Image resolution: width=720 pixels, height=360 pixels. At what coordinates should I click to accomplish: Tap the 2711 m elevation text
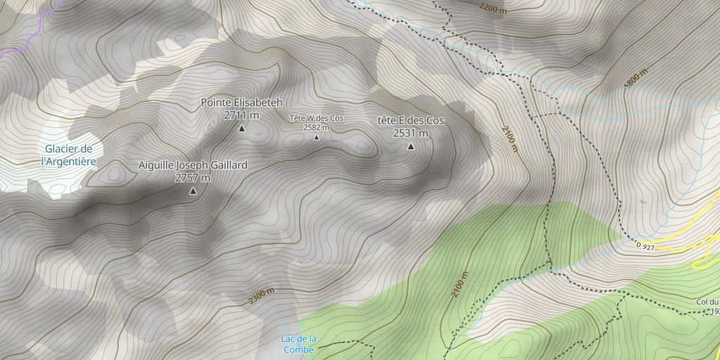[241, 115]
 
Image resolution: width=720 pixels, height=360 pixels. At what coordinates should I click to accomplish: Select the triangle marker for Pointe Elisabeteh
[242, 128]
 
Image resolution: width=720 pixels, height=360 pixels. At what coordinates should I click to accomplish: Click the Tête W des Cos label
[316, 118]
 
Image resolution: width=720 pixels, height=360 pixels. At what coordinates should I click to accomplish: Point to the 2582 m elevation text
[316, 127]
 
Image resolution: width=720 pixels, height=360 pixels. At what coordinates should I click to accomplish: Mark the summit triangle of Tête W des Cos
[316, 137]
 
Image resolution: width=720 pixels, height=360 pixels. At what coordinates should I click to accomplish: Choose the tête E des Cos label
[411, 121]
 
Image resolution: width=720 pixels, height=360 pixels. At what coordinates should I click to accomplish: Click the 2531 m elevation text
[411, 133]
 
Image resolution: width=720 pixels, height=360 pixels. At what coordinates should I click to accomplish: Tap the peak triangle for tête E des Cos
[411, 146]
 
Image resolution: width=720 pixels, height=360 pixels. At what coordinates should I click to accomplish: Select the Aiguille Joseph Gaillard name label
[193, 165]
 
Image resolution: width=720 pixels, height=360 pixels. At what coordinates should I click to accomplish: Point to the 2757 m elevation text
[193, 178]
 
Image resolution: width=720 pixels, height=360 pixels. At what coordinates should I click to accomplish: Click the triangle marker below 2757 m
[193, 191]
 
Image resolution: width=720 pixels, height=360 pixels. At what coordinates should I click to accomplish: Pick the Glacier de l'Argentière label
[69, 155]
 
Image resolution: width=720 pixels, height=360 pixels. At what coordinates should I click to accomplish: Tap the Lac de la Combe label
[299, 343]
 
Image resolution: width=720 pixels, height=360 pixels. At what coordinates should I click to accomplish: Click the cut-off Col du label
[707, 302]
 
